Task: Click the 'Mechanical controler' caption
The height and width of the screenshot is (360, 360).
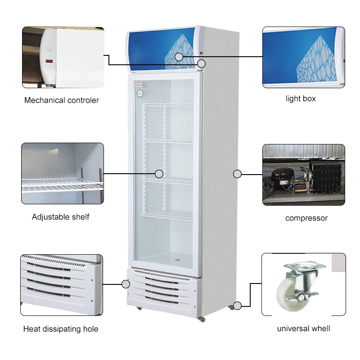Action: coord(62,100)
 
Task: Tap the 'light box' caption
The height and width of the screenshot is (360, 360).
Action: coord(301,99)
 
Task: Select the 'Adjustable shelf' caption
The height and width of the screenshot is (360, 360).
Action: coord(60,217)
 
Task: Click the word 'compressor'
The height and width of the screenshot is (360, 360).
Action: coord(306,218)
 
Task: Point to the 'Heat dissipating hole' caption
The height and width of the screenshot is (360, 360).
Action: coord(61,329)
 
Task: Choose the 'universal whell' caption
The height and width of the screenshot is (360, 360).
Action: coord(303,328)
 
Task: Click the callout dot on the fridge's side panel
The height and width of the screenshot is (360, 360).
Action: coord(238,174)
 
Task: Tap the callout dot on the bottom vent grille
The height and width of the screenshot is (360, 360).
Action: coord(126,284)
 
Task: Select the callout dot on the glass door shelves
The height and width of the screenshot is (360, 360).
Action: coord(159,173)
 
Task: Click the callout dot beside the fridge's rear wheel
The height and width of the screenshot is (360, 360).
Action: coord(238,306)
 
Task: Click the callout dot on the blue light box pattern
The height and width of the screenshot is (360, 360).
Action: coord(179,57)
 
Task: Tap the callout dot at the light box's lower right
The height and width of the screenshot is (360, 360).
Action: coord(201,63)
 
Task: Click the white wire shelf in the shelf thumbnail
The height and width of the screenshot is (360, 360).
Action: coord(58,184)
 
